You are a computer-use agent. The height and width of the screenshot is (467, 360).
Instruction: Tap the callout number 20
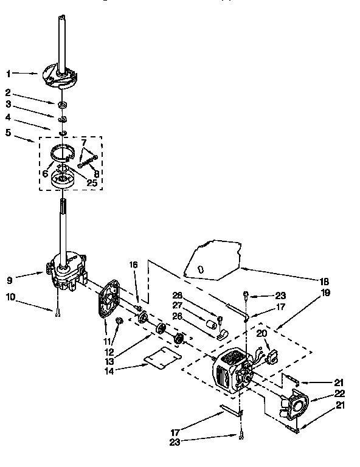coord(261,334)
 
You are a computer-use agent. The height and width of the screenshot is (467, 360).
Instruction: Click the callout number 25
coord(91,182)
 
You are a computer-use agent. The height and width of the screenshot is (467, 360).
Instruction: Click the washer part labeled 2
coord(63,106)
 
